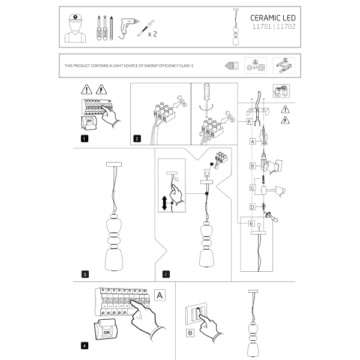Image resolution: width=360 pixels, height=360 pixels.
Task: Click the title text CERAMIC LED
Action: (273, 18)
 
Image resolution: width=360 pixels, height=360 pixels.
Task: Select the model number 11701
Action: (260, 28)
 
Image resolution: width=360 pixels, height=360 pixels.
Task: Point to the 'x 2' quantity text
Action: (152, 34)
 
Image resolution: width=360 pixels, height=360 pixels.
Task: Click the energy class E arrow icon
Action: (232, 65)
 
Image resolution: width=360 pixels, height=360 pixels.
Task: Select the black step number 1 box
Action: (85, 139)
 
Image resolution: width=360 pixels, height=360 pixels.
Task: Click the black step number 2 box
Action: (137, 139)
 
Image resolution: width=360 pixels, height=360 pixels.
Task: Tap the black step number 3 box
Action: (85, 274)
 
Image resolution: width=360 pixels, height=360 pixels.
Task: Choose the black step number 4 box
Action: (85, 346)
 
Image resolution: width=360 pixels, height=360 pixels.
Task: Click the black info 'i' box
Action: (165, 274)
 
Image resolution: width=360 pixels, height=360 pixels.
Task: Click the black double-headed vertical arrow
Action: (164, 204)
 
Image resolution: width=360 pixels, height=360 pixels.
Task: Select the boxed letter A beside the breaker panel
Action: (159, 295)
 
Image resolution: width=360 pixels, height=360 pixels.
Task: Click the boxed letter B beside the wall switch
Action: (190, 331)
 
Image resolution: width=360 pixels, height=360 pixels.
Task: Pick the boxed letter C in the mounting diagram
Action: (253, 188)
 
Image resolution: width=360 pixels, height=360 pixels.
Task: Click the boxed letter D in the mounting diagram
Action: (253, 206)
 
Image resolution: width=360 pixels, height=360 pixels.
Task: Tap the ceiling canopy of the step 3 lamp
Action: (113, 164)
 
